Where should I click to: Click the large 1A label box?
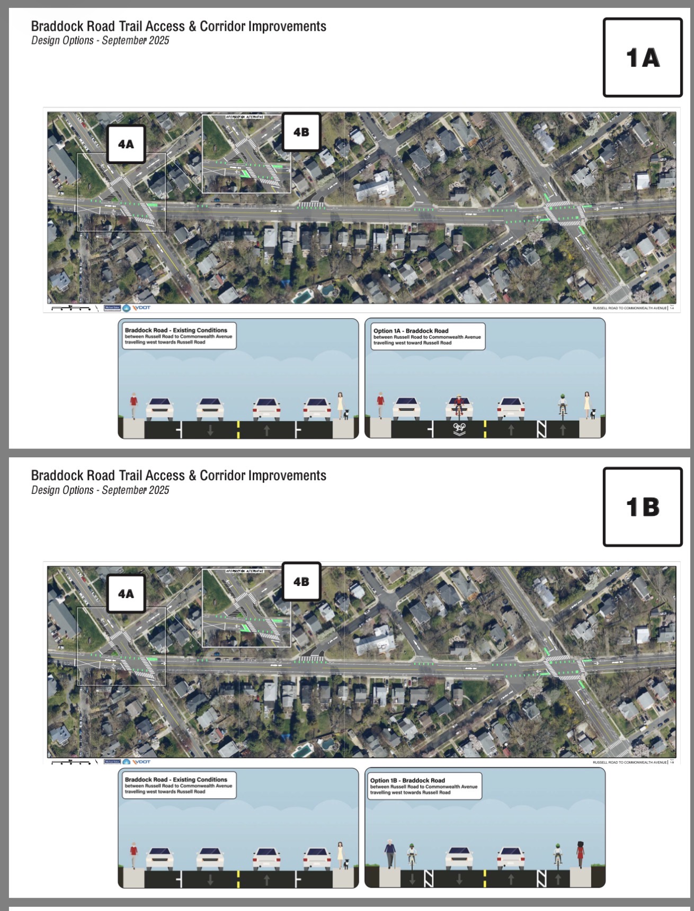pos(642,57)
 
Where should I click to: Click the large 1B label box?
pos(642,507)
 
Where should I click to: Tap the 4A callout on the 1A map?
pos(126,144)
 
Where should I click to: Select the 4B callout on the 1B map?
pos(301,581)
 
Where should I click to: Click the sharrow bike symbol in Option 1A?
pos(459,428)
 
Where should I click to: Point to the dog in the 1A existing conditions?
pos(346,414)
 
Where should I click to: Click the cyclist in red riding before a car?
pos(459,405)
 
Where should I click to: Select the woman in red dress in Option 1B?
pos(580,853)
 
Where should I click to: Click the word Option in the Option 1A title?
pos(383,331)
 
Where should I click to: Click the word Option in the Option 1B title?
pos(380,780)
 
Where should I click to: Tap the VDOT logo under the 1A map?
pos(141,308)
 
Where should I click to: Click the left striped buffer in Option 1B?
pos(429,879)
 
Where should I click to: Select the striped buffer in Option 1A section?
pos(541,429)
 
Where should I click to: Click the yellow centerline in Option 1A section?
pos(485,429)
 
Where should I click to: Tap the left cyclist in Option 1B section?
pos(412,855)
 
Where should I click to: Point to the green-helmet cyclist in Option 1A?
pos(562,405)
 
